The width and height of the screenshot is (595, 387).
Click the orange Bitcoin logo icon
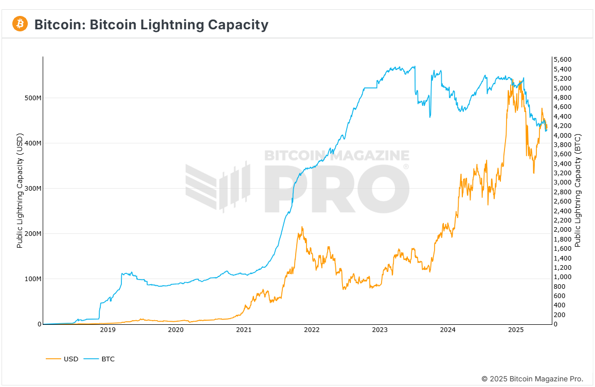20,24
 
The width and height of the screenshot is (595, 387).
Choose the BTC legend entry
108,359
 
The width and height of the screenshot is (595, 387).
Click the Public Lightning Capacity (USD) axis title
20,191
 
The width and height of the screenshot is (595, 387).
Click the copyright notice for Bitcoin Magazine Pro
532,379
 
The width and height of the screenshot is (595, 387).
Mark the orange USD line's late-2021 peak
302,227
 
